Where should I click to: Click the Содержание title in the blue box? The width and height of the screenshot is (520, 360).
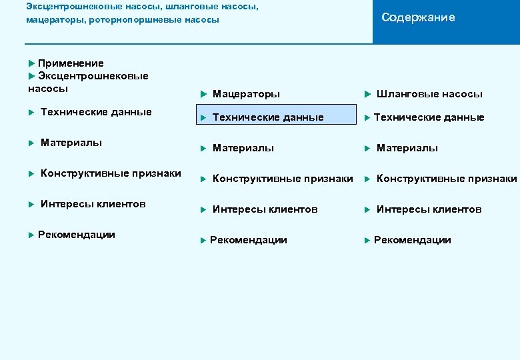(418, 18)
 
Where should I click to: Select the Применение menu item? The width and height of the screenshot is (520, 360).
(71, 63)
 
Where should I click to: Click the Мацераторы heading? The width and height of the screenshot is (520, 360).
(246, 94)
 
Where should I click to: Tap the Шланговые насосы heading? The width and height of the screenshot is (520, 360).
(429, 94)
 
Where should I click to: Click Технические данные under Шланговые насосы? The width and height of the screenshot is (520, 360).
(429, 117)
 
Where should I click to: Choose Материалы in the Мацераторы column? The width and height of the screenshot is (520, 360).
(243, 148)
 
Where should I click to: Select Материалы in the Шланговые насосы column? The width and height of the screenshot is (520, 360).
(407, 148)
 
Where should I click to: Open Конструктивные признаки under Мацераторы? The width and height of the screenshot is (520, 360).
(283, 179)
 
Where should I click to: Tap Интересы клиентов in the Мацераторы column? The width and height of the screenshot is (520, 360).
(265, 209)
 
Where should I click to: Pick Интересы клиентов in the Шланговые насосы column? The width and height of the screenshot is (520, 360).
(429, 209)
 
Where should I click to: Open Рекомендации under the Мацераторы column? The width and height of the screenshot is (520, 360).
(248, 240)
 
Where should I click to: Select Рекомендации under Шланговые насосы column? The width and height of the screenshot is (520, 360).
(412, 240)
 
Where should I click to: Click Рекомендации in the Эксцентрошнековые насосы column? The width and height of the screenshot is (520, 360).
(76, 235)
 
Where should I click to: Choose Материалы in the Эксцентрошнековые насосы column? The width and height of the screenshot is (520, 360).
(71, 143)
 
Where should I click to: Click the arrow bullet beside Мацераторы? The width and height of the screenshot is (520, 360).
(203, 94)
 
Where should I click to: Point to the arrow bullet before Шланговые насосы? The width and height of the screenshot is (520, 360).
(367, 94)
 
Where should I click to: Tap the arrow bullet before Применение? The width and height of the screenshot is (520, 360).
(32, 63)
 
